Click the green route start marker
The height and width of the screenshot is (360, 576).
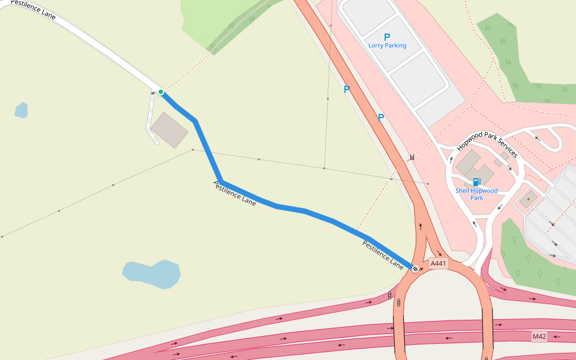click(161, 92)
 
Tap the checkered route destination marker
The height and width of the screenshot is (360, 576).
click(415, 268)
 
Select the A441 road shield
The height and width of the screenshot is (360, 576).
click(438, 263)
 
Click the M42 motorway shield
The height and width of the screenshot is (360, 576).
click(539, 337)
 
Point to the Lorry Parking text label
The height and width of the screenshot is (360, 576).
click(387, 46)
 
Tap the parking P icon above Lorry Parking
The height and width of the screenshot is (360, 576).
click(387, 37)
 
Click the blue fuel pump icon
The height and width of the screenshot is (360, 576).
click(476, 182)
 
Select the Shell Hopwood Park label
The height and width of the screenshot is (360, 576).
click(476, 194)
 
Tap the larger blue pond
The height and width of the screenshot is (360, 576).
click(152, 274)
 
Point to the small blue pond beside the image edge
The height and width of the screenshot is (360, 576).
click(21, 110)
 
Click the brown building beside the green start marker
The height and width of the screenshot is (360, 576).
click(169, 130)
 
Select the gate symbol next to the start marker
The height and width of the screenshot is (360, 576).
click(153, 92)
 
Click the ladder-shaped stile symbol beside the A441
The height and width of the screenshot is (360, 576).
click(412, 157)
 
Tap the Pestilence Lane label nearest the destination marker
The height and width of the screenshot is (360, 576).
click(383, 254)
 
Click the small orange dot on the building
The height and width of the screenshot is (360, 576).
click(529, 199)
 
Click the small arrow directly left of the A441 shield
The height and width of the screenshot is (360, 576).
click(422, 269)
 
